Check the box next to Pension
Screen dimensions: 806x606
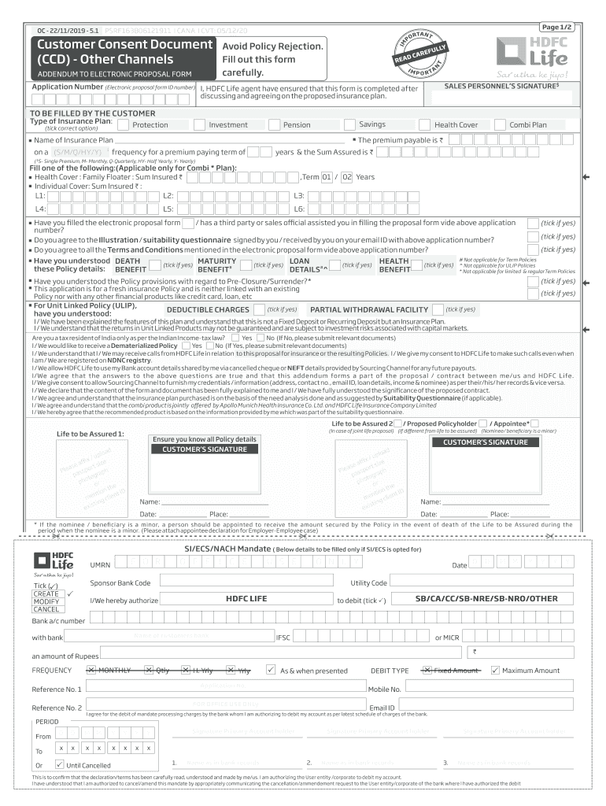[x=274, y=124]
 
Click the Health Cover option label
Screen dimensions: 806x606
[x=456, y=124]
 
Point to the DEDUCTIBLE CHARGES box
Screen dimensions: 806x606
[x=208, y=310]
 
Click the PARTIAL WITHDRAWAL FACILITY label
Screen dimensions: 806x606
[x=369, y=310]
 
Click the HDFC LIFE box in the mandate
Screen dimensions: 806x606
[x=247, y=599]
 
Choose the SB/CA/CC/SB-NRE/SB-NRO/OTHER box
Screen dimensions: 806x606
[x=486, y=599]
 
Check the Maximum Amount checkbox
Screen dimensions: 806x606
[x=495, y=671]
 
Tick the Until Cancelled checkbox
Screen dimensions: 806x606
[x=60, y=764]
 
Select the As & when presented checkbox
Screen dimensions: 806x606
[x=271, y=671]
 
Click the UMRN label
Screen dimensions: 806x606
[x=100, y=565]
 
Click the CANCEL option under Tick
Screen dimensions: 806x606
[x=46, y=609]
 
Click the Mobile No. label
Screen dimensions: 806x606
[x=385, y=690]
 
